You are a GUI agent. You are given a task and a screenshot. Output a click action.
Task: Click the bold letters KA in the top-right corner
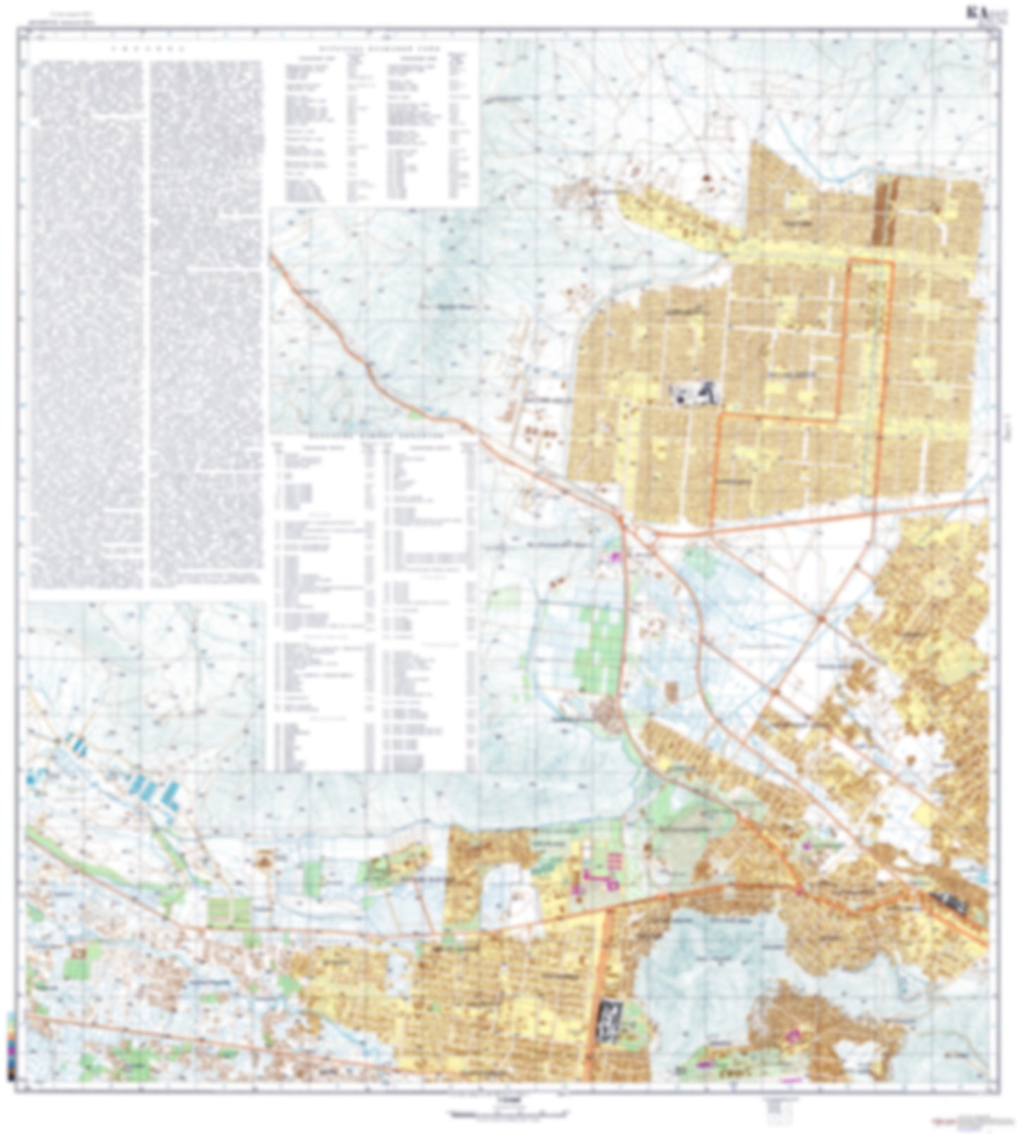pyautogui.click(x=975, y=13)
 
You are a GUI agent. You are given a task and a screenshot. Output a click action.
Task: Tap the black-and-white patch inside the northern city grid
pyautogui.click(x=694, y=394)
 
